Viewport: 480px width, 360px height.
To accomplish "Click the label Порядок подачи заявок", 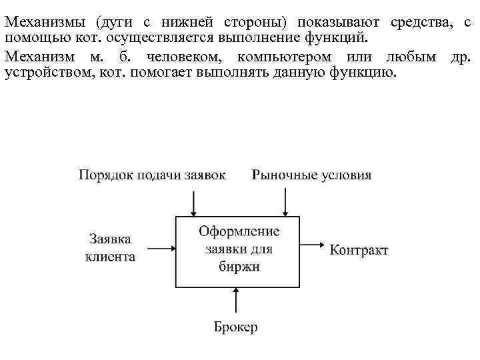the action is click(152, 175).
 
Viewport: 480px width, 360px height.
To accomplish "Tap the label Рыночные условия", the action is click(311, 175).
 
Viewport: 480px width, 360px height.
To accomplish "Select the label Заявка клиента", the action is click(111, 247).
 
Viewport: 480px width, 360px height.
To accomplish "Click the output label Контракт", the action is click(359, 251).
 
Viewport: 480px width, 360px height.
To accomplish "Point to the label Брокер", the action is click(235, 327).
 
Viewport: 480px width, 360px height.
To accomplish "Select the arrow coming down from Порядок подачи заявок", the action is click(193, 201).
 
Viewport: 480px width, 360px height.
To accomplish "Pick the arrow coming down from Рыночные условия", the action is click(285, 201).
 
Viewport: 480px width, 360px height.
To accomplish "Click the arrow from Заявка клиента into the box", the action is click(160, 249).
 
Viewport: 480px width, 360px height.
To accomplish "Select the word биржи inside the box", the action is click(239, 267).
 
